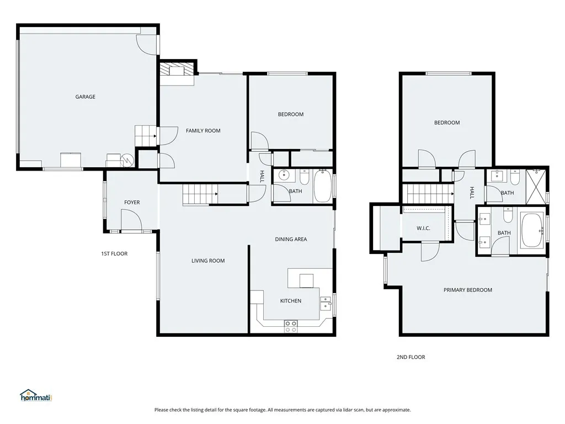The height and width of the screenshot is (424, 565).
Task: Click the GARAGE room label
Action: click(86, 97)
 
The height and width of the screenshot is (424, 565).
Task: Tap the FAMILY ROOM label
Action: click(203, 131)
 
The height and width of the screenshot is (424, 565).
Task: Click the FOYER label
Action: click(132, 203)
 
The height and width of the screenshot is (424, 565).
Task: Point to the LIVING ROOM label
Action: click(208, 261)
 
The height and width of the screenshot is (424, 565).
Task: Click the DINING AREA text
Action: click(291, 239)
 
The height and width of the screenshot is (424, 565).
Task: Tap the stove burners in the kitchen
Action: click(291, 326)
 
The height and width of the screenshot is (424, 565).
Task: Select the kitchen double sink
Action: click(326, 304)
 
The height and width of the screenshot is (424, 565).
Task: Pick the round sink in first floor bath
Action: click(284, 176)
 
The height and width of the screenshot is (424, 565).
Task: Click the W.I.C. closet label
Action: click(423, 229)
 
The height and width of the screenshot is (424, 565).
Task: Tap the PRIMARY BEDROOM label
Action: click(468, 290)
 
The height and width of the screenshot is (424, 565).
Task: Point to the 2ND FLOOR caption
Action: click(411, 357)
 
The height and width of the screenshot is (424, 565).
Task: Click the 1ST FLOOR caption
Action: click(114, 254)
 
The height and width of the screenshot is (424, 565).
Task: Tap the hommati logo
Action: click(35, 395)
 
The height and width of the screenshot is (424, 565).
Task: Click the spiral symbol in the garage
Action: click(127, 160)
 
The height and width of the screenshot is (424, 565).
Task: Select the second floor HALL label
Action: click(472, 192)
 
